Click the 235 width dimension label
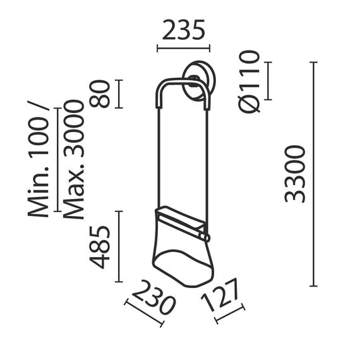[x=183, y=30]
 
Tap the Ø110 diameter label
[x=250, y=81]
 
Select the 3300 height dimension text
[x=295, y=173]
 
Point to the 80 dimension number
[x=101, y=93]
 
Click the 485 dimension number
[x=101, y=246]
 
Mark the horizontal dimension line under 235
[x=183, y=48]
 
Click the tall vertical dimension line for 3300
[x=313, y=174]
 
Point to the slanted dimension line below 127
[x=230, y=314]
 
